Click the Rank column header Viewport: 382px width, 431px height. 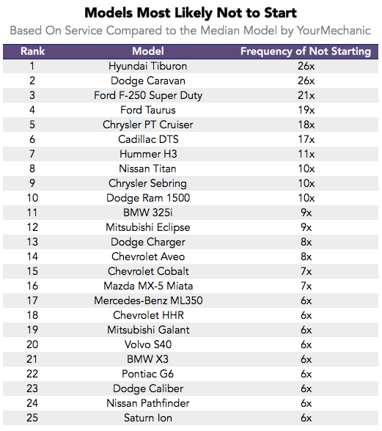tap(32, 51)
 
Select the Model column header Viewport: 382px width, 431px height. tap(148, 51)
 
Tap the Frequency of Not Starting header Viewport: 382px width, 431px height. tap(306, 51)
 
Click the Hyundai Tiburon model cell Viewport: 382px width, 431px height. tap(147, 66)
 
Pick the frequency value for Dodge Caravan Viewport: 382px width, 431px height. tap(306, 81)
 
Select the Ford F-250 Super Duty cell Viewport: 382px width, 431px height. tap(148, 95)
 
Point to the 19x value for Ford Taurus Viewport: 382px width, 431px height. tap(306, 110)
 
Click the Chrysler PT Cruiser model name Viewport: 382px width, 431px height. tap(147, 125)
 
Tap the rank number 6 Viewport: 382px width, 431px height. tap(32, 139)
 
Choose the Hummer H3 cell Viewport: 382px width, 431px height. tap(148, 154)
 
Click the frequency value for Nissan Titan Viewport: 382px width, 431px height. tap(306, 169)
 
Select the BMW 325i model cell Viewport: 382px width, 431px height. tap(148, 213)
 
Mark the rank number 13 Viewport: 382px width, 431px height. tap(32, 242)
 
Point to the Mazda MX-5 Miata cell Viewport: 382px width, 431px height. tap(148, 286)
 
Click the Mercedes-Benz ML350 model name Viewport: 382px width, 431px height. tap(148, 301)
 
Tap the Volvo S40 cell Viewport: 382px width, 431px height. tap(148, 345)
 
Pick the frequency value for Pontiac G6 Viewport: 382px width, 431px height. tap(306, 374)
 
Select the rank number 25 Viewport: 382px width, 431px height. tap(32, 418)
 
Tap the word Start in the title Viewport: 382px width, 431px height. tap(281, 13)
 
